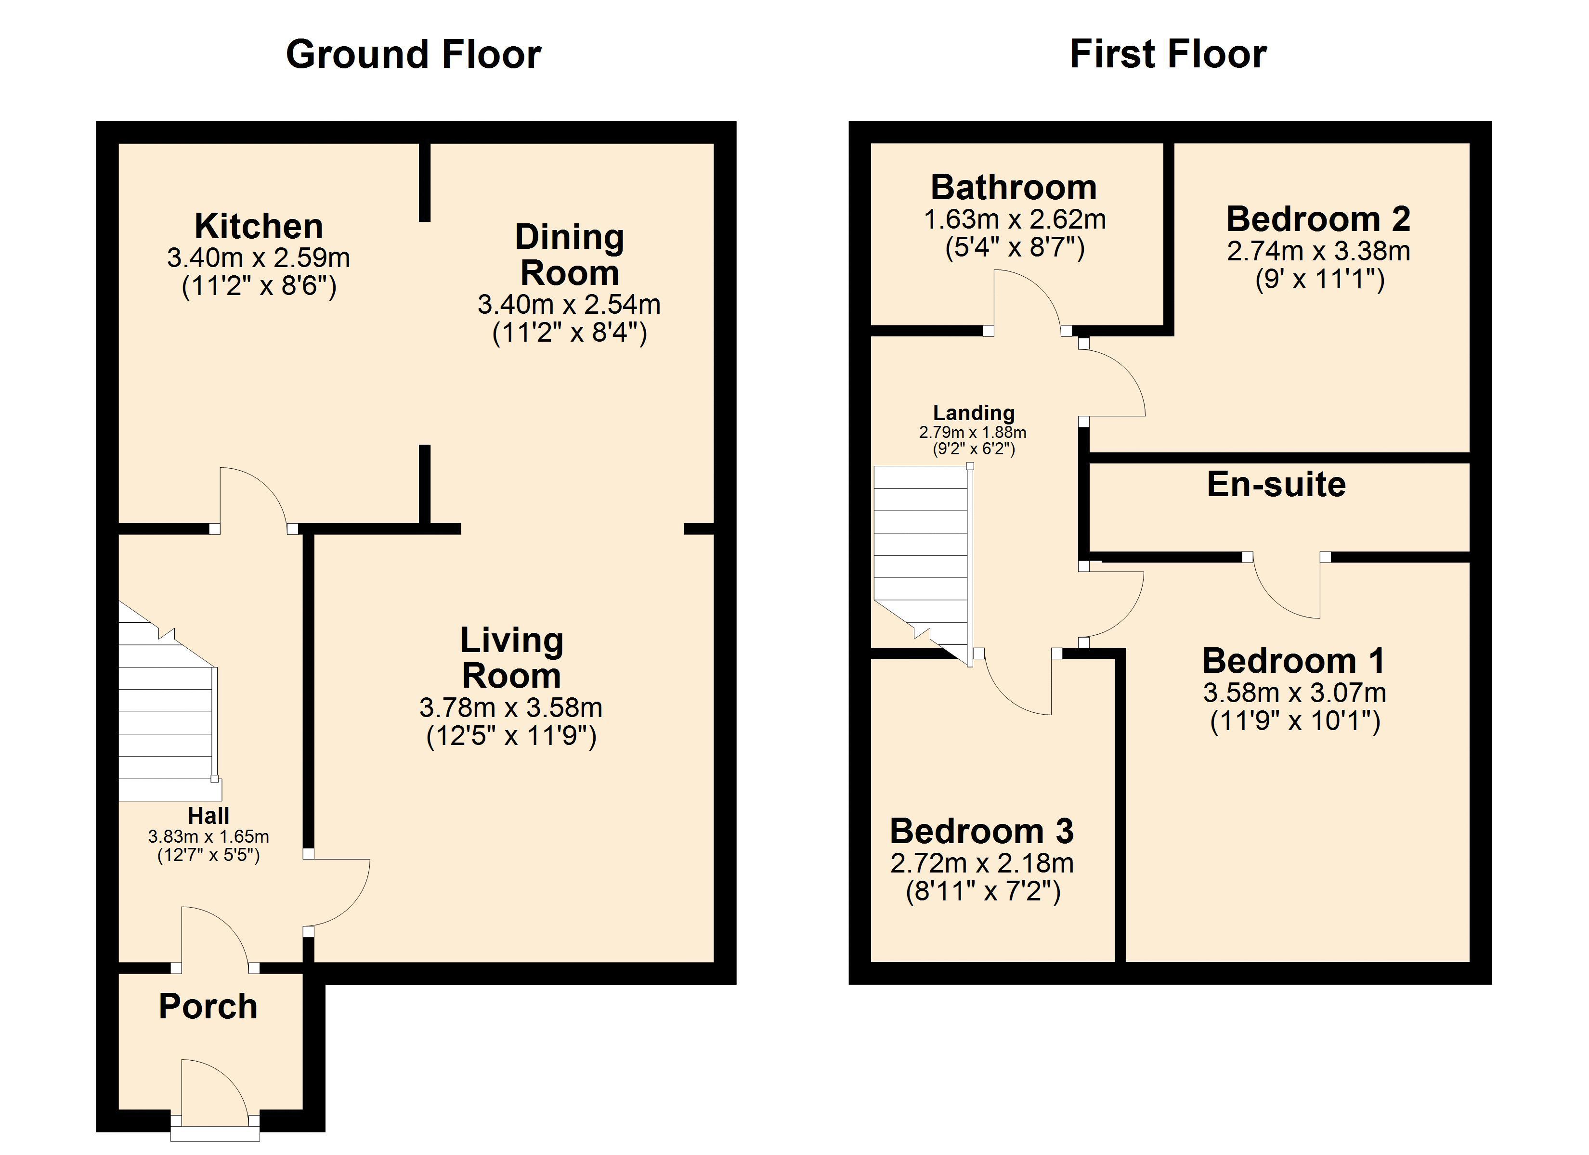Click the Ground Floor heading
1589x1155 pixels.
click(413, 55)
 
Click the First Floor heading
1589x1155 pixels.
click(1168, 55)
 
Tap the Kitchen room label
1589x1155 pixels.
click(259, 226)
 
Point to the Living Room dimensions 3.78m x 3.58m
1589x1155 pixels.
click(511, 707)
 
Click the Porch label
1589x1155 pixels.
click(208, 1006)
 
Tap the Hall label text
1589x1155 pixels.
click(208, 815)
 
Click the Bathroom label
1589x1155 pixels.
click(1014, 188)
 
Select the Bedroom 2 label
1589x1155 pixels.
click(1318, 219)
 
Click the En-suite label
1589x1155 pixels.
click(1276, 485)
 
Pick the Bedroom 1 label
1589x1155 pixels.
click(1293, 660)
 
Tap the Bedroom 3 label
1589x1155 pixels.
click(981, 832)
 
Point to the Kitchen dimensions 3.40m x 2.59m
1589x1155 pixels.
click(259, 258)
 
